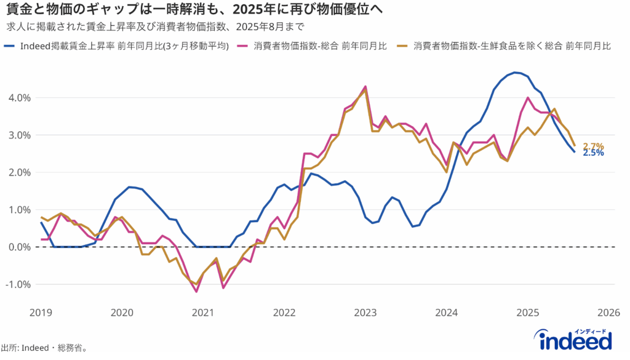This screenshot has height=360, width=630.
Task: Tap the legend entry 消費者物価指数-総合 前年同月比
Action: pyautogui.click(x=320, y=46)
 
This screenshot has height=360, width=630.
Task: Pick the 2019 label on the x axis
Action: pyautogui.click(x=41, y=313)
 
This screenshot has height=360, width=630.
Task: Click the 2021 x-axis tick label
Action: pyautogui.click(x=203, y=313)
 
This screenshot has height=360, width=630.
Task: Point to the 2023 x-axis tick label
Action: pyautogui.click(x=365, y=313)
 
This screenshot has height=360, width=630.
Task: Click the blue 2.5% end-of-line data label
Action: pyautogui.click(x=593, y=153)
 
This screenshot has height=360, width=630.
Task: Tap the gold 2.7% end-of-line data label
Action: pyautogui.click(x=593, y=146)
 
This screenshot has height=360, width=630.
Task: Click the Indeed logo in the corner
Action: pyautogui.click(x=575, y=340)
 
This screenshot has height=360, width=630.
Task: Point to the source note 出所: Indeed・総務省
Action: pyautogui.click(x=44, y=348)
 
